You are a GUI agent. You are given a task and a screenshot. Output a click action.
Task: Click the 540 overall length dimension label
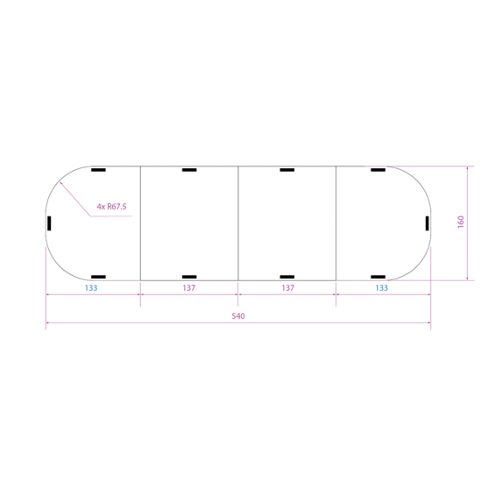point(238,316)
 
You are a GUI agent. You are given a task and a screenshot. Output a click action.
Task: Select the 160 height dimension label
point(461,222)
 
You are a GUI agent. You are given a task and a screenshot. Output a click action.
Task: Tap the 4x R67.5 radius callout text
point(111,207)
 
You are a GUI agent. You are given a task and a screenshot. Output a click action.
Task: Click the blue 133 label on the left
point(91,288)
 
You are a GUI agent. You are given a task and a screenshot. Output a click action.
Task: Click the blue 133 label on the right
point(381,288)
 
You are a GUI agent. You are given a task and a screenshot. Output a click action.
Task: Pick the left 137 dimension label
point(188,288)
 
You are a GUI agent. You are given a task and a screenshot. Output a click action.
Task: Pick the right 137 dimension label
point(287,288)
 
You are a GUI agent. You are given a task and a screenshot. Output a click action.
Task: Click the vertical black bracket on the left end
point(49,223)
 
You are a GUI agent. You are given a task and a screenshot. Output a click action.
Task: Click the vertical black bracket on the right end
point(428,223)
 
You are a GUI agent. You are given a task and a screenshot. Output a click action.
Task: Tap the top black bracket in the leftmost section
point(98,170)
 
